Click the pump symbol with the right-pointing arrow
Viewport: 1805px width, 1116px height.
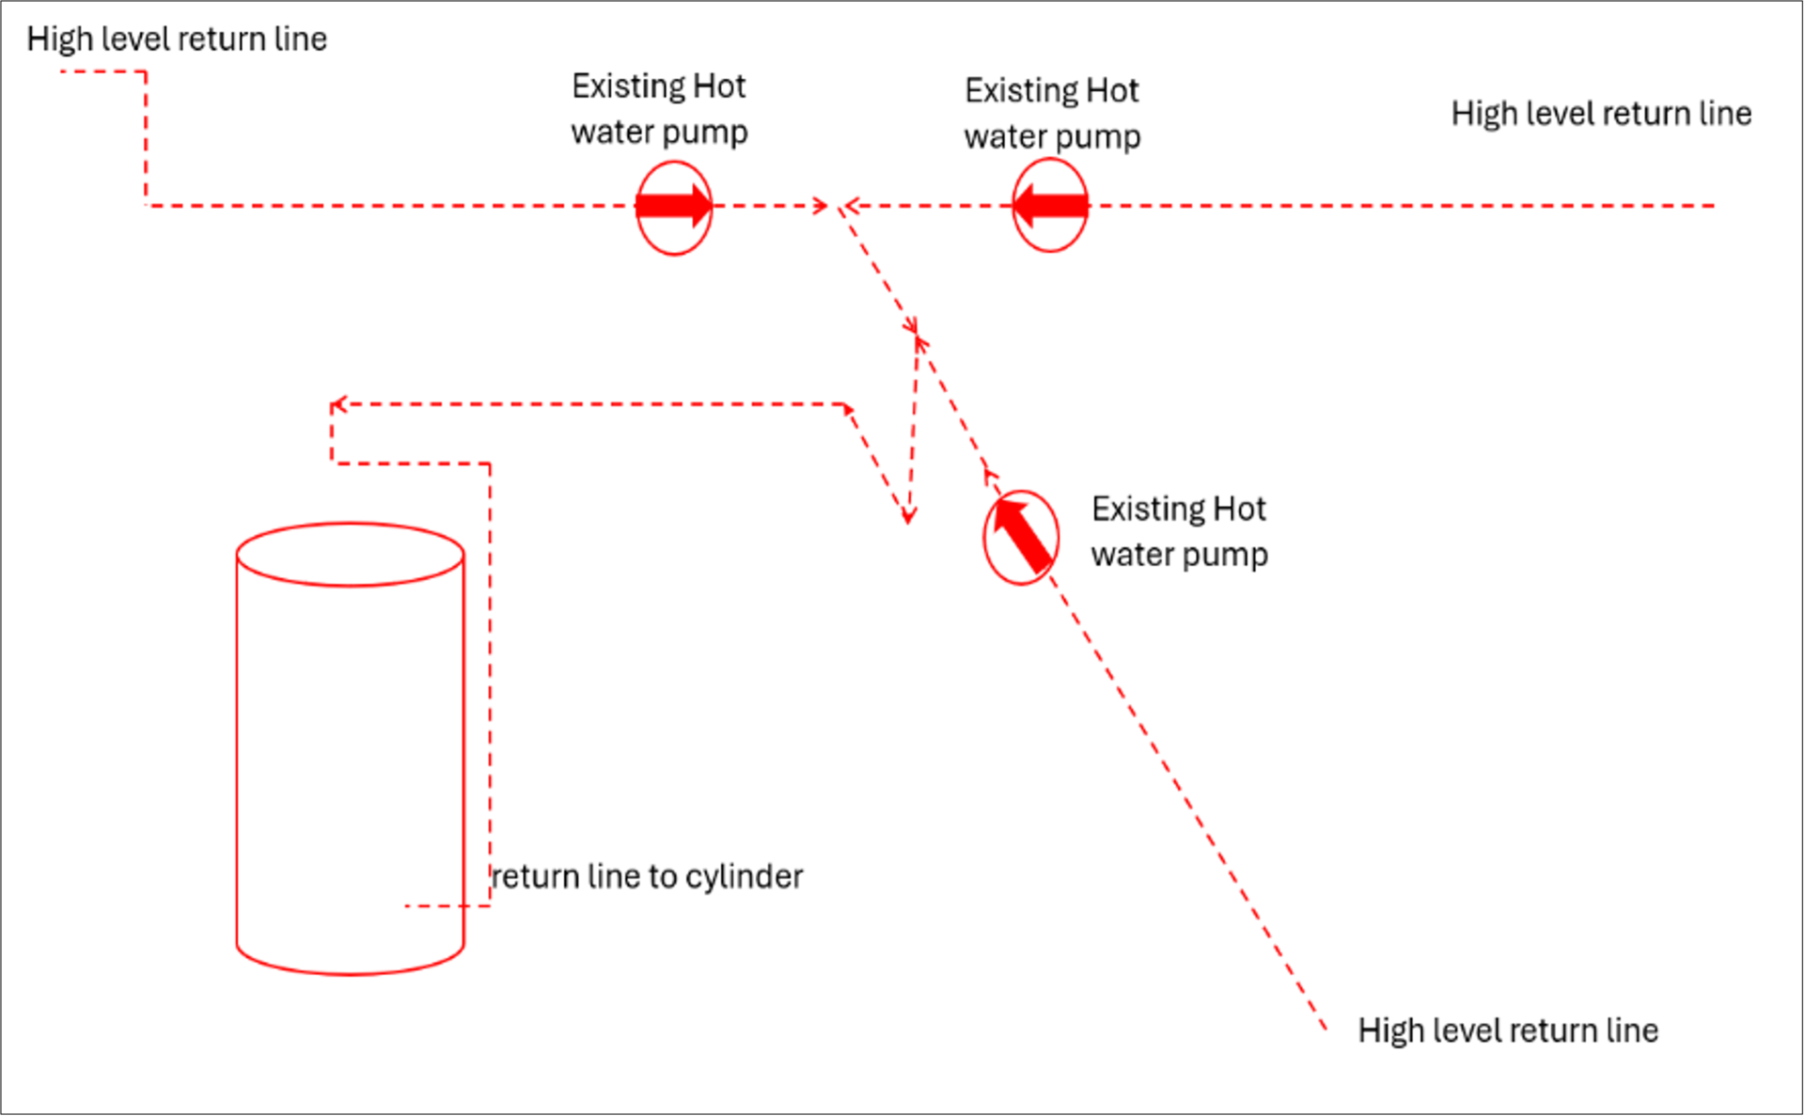click(674, 207)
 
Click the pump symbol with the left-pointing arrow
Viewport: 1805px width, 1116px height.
click(1050, 205)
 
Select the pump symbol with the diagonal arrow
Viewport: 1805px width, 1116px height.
click(1021, 537)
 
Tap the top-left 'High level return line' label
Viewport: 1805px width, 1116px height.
click(177, 39)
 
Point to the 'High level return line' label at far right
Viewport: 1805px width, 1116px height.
click(1601, 114)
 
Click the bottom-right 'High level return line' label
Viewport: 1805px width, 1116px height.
click(1508, 1030)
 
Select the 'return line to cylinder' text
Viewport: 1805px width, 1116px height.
click(648, 876)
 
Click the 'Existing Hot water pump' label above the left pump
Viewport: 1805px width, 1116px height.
click(659, 109)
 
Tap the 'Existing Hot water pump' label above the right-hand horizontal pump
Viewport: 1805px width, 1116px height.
click(1052, 114)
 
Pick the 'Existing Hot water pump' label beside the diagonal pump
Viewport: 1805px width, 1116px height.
click(1179, 531)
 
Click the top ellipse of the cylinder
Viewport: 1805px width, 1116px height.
click(350, 555)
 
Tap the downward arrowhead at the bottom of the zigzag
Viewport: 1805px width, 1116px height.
click(908, 515)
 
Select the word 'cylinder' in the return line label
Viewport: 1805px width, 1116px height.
click(745, 876)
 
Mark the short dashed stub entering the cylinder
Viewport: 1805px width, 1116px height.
click(447, 906)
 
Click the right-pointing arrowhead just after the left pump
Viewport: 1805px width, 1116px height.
click(821, 205)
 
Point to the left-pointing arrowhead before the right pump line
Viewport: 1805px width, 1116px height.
click(852, 205)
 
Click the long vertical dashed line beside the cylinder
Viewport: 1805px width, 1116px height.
click(490, 684)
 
